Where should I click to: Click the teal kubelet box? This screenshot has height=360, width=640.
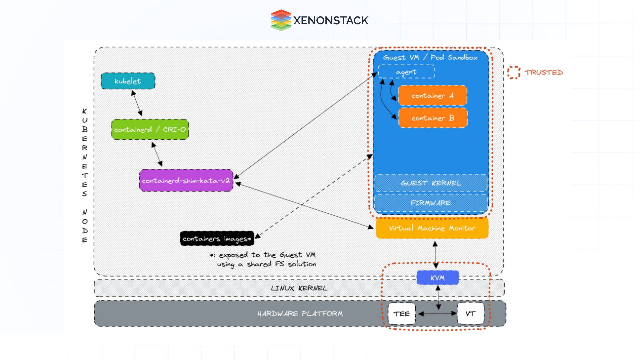click(128, 81)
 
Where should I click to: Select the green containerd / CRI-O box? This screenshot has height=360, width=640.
click(150, 129)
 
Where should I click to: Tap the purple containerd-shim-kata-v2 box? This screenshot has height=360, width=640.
click(186, 180)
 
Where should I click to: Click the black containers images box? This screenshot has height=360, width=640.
click(217, 239)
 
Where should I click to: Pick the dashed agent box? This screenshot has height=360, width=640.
click(406, 72)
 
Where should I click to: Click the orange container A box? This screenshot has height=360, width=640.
click(433, 96)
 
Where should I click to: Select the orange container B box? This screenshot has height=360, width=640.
click(433, 118)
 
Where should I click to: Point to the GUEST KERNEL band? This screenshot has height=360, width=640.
click(431, 183)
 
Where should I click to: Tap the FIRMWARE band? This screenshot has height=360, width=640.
click(431, 203)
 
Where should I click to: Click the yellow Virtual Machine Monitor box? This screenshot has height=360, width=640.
click(432, 228)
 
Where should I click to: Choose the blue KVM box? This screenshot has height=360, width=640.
click(437, 278)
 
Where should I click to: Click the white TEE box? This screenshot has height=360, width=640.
click(402, 314)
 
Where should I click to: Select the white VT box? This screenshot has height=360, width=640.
click(470, 314)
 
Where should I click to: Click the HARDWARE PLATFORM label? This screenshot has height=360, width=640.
click(300, 313)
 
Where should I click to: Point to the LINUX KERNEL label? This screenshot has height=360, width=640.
click(299, 288)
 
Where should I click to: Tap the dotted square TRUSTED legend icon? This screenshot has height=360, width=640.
click(514, 72)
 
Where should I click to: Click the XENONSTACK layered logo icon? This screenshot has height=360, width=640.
click(281, 20)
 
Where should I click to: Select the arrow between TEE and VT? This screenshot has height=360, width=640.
click(437, 314)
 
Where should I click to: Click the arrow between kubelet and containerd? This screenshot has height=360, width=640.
click(137, 103)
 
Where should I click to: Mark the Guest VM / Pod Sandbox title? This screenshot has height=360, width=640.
click(430, 57)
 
